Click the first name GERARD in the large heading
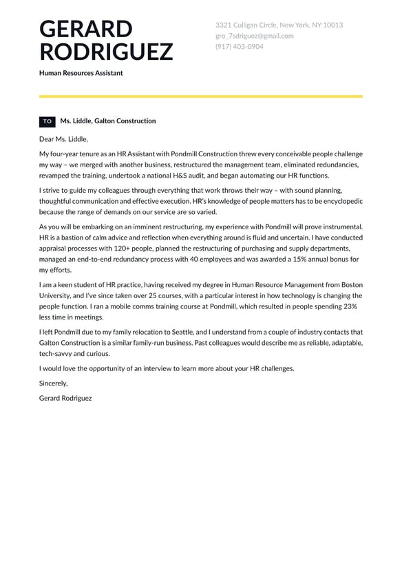[x=86, y=30]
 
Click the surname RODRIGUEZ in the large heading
[x=106, y=52]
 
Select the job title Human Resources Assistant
[x=81, y=73]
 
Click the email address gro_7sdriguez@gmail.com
[x=254, y=36]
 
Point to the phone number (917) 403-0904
[x=239, y=47]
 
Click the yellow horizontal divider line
[x=201, y=96]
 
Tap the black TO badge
[x=47, y=122]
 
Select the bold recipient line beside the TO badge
[x=108, y=121]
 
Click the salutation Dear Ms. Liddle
[x=64, y=139]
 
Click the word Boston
[x=350, y=285]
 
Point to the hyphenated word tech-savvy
[x=57, y=354]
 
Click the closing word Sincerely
[x=54, y=383]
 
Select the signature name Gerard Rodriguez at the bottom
[x=65, y=399]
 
